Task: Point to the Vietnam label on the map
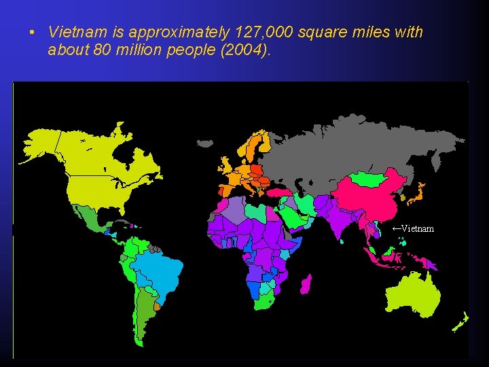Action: (417, 228)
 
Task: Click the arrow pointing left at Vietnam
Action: (396, 228)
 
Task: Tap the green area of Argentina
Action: (143, 309)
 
